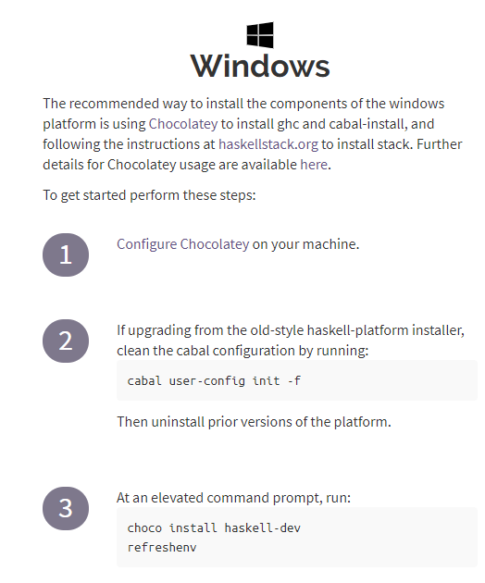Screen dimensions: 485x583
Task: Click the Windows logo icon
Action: (260, 35)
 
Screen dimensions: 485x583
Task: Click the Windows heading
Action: (260, 67)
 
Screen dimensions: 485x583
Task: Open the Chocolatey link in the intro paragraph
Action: (183, 124)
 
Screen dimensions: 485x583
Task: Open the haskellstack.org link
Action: (268, 144)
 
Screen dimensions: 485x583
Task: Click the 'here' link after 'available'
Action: (314, 165)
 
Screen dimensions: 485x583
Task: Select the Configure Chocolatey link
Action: (182, 244)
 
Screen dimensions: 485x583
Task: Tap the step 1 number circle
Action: (66, 254)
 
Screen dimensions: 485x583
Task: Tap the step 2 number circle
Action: (66, 341)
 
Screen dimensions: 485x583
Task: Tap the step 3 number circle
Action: (66, 508)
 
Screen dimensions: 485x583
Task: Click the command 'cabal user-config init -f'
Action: (214, 380)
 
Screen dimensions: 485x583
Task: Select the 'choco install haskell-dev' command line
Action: (214, 528)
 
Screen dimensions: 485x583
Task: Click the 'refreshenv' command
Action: (162, 547)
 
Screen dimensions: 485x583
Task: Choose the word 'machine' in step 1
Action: (330, 244)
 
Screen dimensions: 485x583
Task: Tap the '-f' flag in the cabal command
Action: (293, 380)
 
